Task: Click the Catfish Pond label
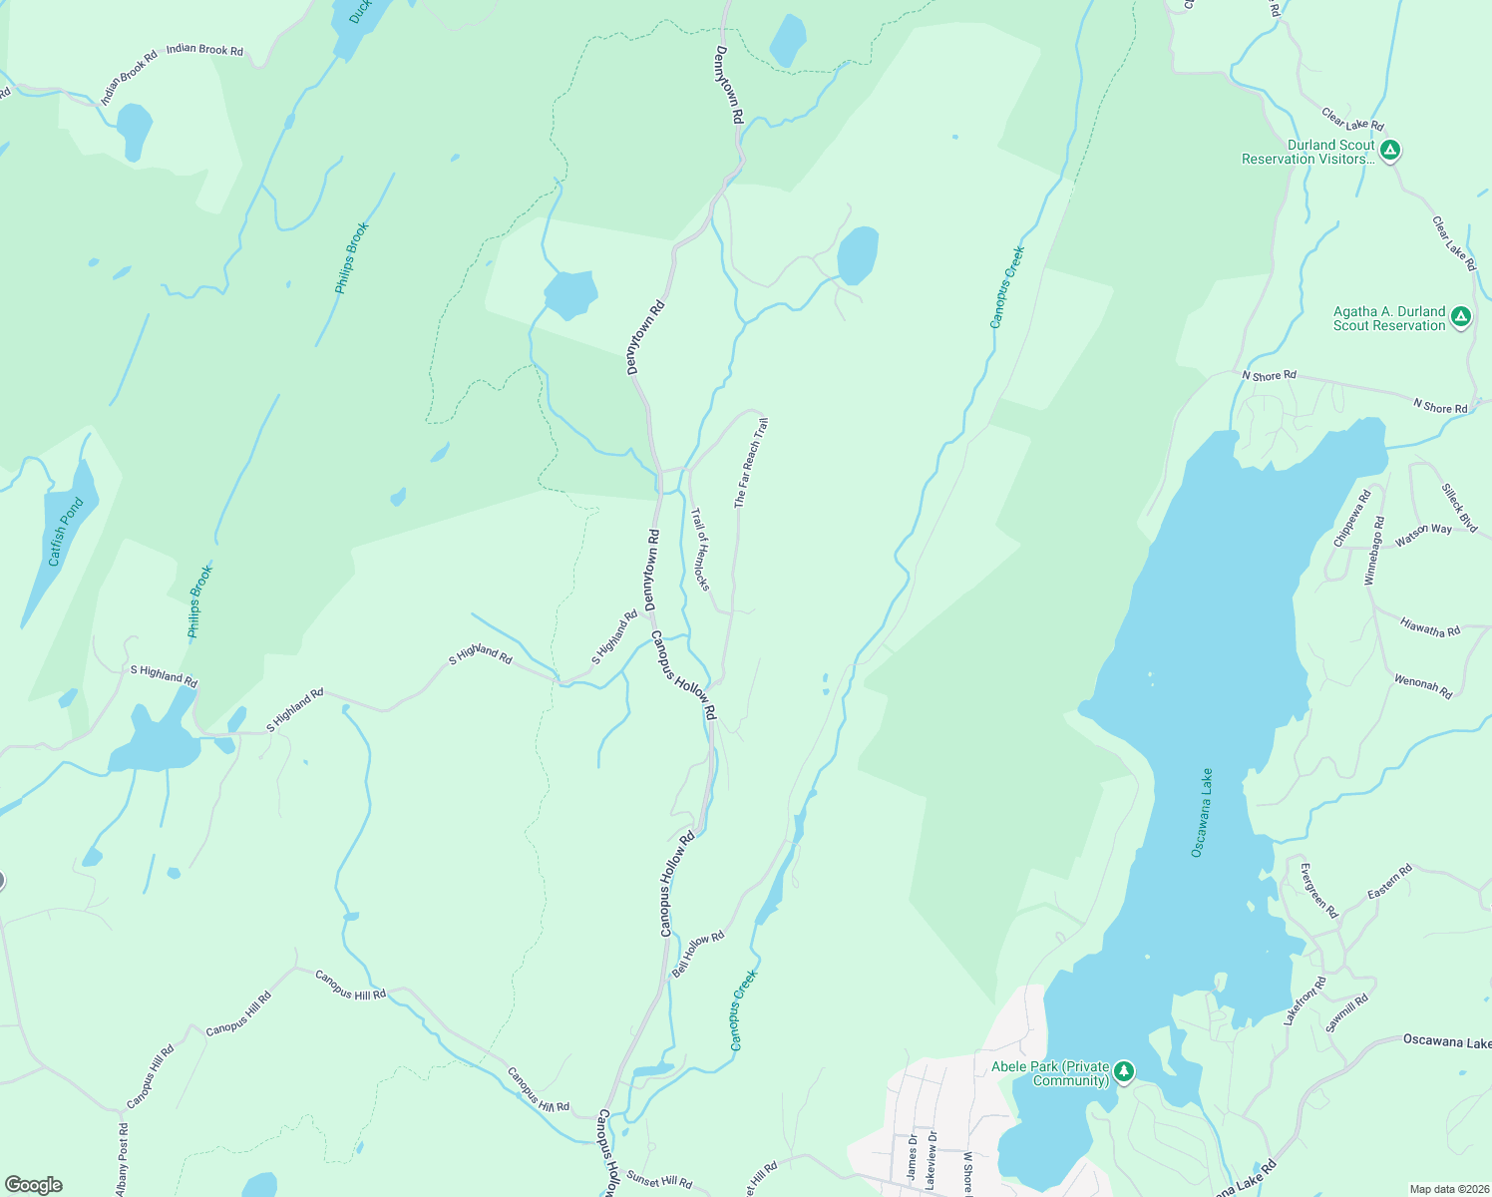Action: (x=66, y=533)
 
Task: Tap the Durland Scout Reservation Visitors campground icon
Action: (x=1390, y=152)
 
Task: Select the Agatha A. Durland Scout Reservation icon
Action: (x=1461, y=318)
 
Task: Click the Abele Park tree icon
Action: (x=1124, y=1071)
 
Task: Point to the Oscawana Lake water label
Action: (x=1203, y=812)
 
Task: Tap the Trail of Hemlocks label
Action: (x=700, y=549)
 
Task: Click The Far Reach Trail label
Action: (x=751, y=464)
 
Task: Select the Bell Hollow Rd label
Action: (x=697, y=955)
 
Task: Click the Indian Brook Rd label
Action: (x=204, y=50)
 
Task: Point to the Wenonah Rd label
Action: (x=1423, y=686)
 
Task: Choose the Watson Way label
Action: (x=1423, y=535)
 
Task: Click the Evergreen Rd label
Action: (x=1318, y=891)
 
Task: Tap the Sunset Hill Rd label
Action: (x=659, y=1180)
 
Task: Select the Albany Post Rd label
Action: (x=123, y=1159)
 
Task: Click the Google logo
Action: (x=33, y=1185)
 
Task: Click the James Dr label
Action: (x=912, y=1157)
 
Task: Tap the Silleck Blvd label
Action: (x=1459, y=508)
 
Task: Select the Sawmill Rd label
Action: (x=1346, y=1013)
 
